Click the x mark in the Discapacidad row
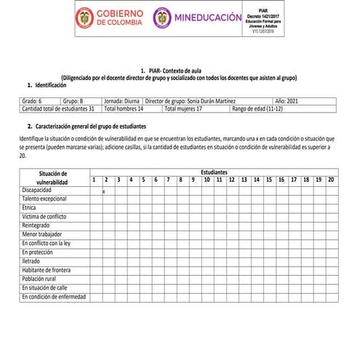[x=104, y=191]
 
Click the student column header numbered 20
[x=330, y=180]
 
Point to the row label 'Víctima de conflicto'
[x=45, y=217]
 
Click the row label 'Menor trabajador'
[x=41, y=234]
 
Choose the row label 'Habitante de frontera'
[x=46, y=270]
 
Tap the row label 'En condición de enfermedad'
[x=53, y=297]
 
